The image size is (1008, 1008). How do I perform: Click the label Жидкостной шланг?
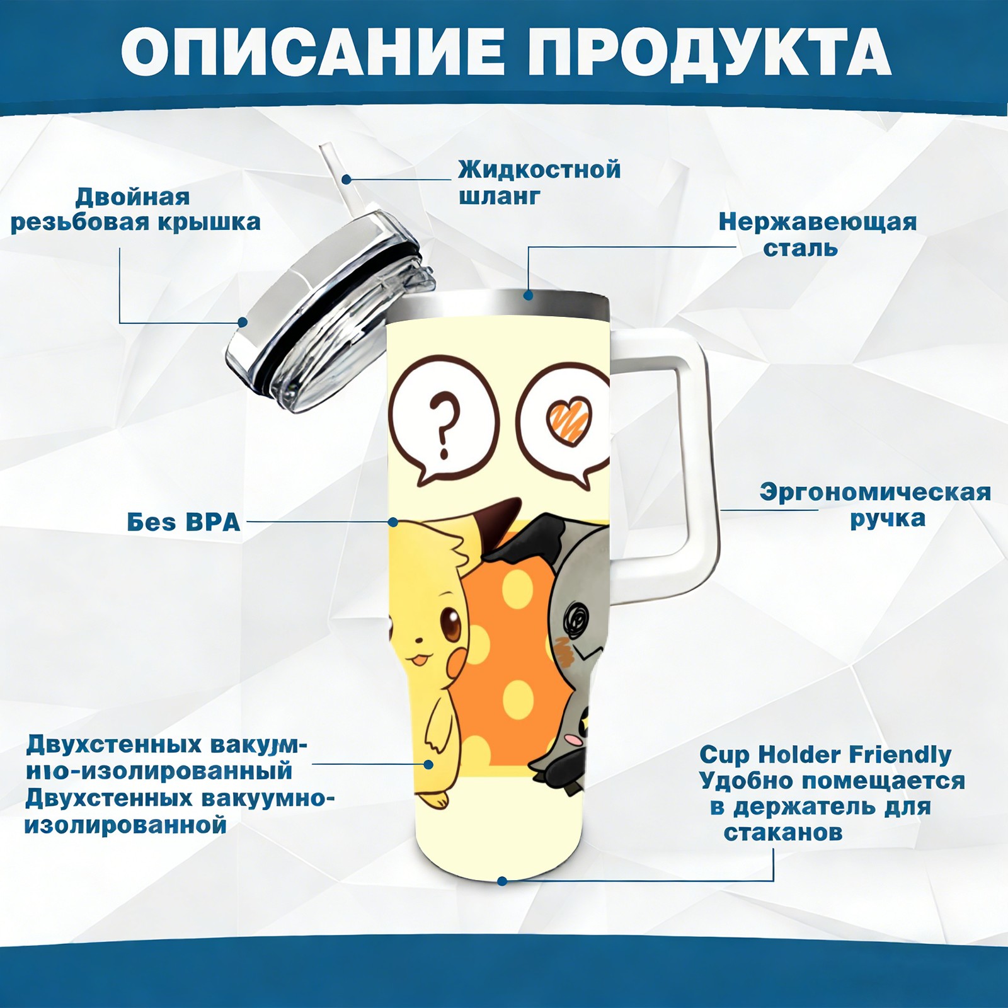pos(539,183)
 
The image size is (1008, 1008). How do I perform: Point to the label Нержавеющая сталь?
pos(817,235)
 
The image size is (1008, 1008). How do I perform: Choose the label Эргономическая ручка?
pos(875,505)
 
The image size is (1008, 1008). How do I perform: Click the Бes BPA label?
pos(183,522)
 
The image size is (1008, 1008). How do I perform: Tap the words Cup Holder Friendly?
pos(825,754)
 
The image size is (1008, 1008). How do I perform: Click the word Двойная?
pos(132,197)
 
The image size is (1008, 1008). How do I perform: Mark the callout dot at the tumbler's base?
pos(502,881)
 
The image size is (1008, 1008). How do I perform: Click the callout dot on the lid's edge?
pos(243,323)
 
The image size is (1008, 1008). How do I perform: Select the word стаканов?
pos(782,832)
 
